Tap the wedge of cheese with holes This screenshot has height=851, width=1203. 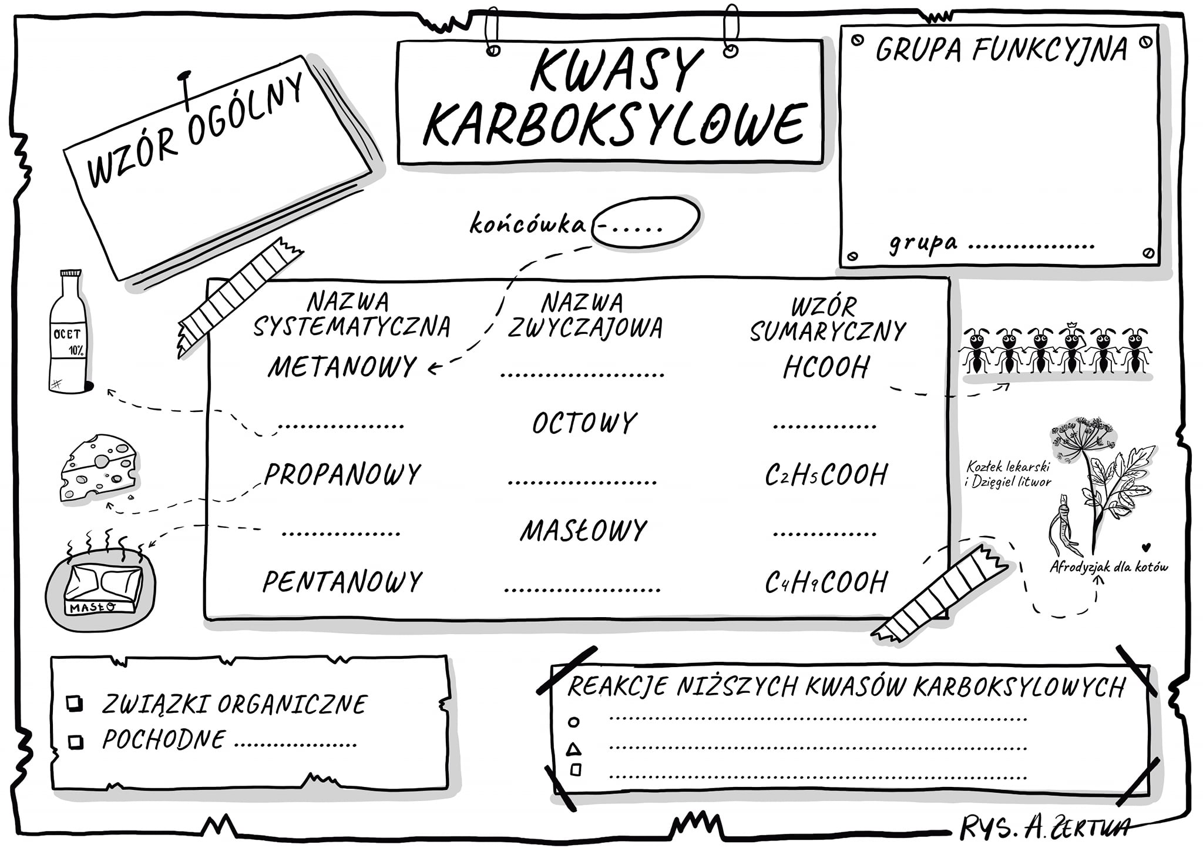[x=99, y=468]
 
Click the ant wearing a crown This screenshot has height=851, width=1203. [x=1072, y=349]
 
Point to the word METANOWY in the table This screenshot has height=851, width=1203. [x=342, y=366]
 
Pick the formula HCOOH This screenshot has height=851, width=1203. [x=826, y=367]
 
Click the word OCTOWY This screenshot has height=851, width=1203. [x=584, y=423]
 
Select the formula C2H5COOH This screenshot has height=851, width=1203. [x=826, y=475]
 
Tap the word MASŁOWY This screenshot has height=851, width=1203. [x=583, y=530]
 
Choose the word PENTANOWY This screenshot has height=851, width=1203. [x=342, y=582]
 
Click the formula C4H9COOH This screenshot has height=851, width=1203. [x=826, y=582]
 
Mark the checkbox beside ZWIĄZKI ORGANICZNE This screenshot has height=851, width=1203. [x=75, y=703]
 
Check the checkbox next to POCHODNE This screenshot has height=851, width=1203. [x=76, y=742]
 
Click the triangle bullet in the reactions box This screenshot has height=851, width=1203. [x=573, y=749]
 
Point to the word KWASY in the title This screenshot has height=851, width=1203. [x=617, y=71]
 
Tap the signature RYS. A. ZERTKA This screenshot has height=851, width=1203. [x=1044, y=828]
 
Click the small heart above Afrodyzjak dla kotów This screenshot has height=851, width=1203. [x=1145, y=548]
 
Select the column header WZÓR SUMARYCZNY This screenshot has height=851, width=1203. [x=828, y=319]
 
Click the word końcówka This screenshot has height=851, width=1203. [x=527, y=224]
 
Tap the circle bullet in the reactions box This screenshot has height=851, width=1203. [x=574, y=722]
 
